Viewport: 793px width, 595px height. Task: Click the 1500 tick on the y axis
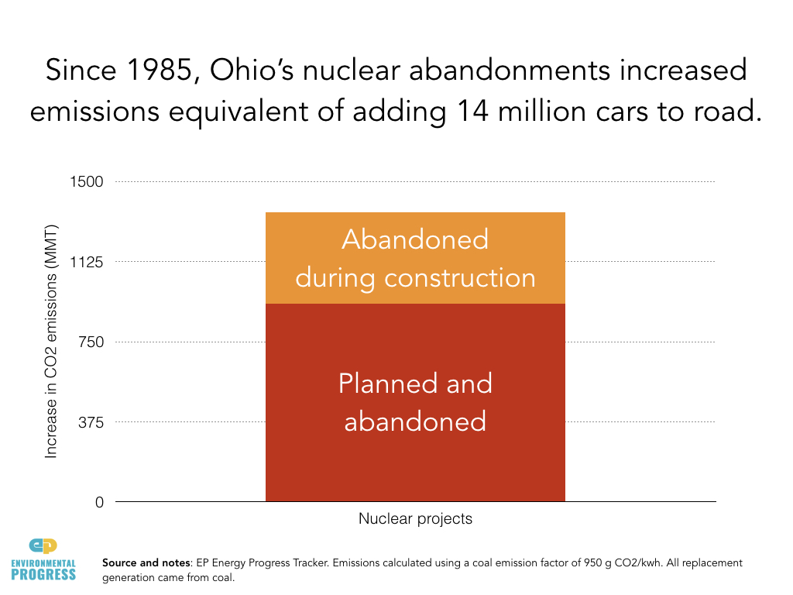click(88, 182)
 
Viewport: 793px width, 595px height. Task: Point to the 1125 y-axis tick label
click(88, 262)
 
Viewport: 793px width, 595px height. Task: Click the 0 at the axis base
click(99, 503)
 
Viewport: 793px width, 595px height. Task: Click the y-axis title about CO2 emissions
click(51, 342)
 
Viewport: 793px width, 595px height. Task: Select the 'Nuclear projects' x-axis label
click(415, 519)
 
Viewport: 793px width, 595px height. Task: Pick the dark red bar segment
click(415, 465)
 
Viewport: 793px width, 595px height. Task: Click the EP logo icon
click(43, 545)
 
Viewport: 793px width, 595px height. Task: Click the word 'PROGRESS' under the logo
click(44, 574)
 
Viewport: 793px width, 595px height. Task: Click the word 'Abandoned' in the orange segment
click(415, 239)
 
